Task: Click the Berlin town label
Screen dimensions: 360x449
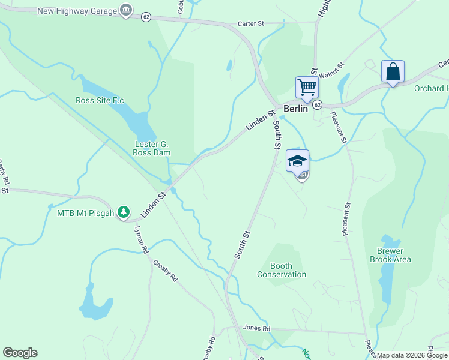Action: point(295,109)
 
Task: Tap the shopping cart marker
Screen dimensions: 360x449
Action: point(307,88)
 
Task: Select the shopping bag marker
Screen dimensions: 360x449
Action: point(393,71)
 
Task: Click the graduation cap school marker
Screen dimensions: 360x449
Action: point(297,161)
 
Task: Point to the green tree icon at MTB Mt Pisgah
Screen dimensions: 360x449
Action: point(124,212)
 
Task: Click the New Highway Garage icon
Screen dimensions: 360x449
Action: point(126,10)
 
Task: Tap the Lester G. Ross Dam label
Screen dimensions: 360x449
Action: point(151,148)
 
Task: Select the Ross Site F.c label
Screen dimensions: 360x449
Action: point(100,100)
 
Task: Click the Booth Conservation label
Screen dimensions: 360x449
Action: point(282,270)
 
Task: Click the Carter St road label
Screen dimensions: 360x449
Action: point(250,23)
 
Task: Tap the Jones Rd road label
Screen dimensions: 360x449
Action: point(257,328)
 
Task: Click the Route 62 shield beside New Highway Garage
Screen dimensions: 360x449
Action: point(146,17)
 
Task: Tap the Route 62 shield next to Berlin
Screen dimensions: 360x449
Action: point(317,104)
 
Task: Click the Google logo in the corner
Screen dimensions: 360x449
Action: point(20,353)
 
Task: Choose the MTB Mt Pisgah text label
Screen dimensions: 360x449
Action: point(86,212)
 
